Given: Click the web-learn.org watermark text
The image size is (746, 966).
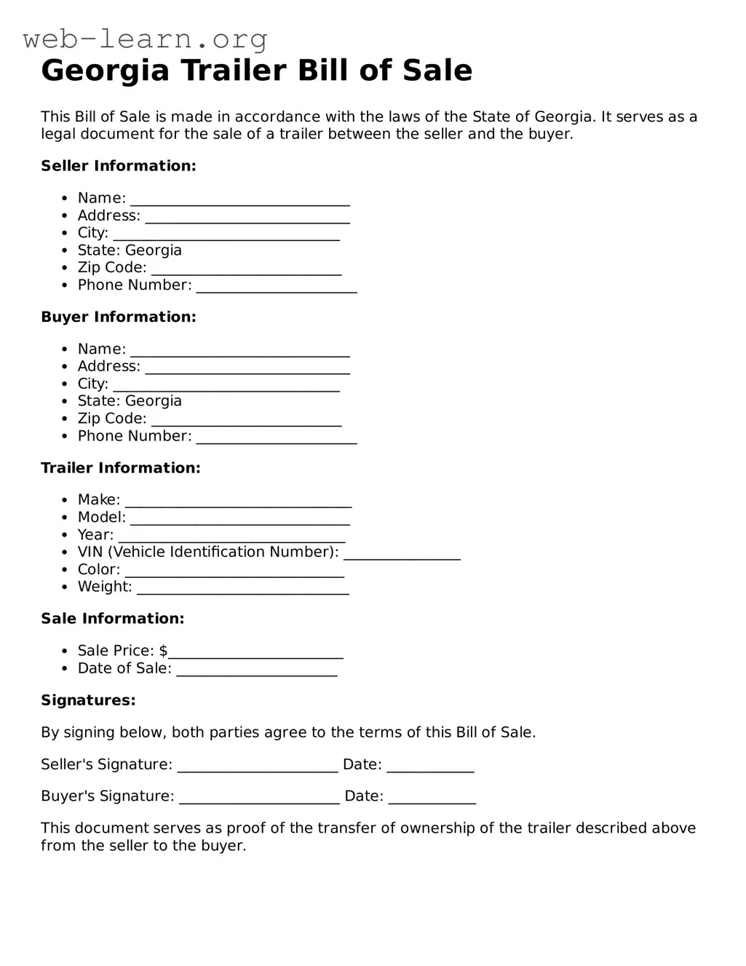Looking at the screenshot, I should [145, 39].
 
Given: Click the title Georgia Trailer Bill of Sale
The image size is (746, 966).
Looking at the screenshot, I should [256, 71].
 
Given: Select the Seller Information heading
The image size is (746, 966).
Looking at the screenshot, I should [119, 166].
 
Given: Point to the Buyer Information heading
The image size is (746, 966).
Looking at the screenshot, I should [119, 317].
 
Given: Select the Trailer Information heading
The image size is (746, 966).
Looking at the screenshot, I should [121, 468].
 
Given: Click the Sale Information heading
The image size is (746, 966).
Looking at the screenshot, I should [113, 619].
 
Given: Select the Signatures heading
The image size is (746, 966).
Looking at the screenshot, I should [88, 700].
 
